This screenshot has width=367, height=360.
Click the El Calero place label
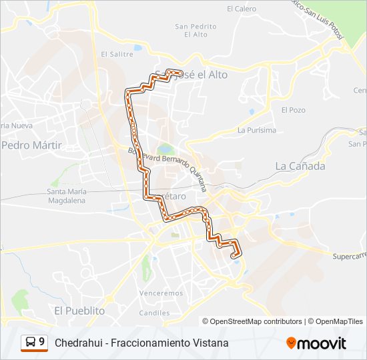[242, 9]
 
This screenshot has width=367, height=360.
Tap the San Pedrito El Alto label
[196, 30]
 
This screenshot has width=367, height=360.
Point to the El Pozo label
[293, 109]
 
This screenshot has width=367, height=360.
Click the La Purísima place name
[257, 130]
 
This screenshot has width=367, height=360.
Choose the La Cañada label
[300, 166]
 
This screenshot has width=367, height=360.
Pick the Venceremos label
[161, 293]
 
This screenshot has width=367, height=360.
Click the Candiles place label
[154, 312]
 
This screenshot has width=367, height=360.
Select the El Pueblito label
[80, 311]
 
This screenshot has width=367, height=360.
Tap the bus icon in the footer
[31, 343]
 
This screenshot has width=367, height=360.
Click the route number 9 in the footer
[42, 342]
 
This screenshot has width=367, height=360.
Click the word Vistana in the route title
[212, 343]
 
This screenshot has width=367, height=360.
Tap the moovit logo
[316, 343]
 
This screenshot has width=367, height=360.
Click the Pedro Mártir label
[31, 145]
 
